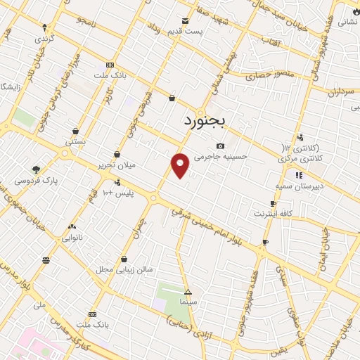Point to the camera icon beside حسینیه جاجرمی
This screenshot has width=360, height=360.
(x=221, y=146)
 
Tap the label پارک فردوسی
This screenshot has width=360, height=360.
(x=36, y=180)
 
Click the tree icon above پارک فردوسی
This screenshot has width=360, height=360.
(x=37, y=169)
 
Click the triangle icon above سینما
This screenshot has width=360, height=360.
(x=188, y=291)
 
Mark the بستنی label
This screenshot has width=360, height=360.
(x=75, y=141)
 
